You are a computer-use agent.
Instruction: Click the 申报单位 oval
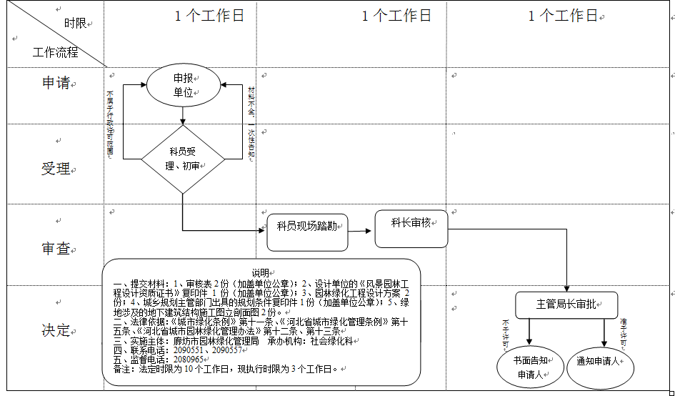coord(182,85)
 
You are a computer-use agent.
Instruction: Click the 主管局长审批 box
coord(566,305)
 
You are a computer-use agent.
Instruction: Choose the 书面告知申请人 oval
coord(529,367)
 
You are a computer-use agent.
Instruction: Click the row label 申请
coord(56,83)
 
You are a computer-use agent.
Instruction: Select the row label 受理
coord(56,169)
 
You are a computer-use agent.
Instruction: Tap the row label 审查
coord(56,249)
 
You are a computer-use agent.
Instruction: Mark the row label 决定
coord(56,330)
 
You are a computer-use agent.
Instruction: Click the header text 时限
coord(75,24)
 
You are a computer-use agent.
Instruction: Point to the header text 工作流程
coord(55,53)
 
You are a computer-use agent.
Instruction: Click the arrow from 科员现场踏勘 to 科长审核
coord(361,230)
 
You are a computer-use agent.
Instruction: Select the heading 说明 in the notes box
coord(260,272)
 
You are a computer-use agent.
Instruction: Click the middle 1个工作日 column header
coord(396,16)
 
